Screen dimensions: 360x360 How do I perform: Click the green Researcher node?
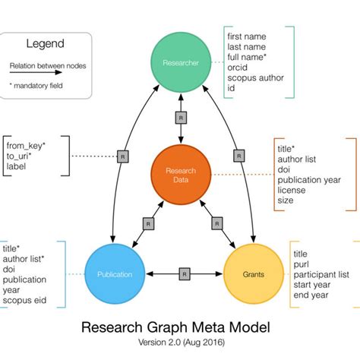180,63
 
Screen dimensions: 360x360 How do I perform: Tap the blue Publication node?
115,273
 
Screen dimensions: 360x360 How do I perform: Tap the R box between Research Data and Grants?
216,223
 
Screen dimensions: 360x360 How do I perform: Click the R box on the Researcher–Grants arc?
238,156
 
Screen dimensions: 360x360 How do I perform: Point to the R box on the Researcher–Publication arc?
122,156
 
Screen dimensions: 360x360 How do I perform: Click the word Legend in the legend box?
46,45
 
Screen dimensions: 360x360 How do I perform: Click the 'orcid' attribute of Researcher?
238,67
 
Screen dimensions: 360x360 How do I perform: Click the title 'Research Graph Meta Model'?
180,328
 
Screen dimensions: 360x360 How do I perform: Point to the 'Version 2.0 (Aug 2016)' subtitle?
180,344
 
